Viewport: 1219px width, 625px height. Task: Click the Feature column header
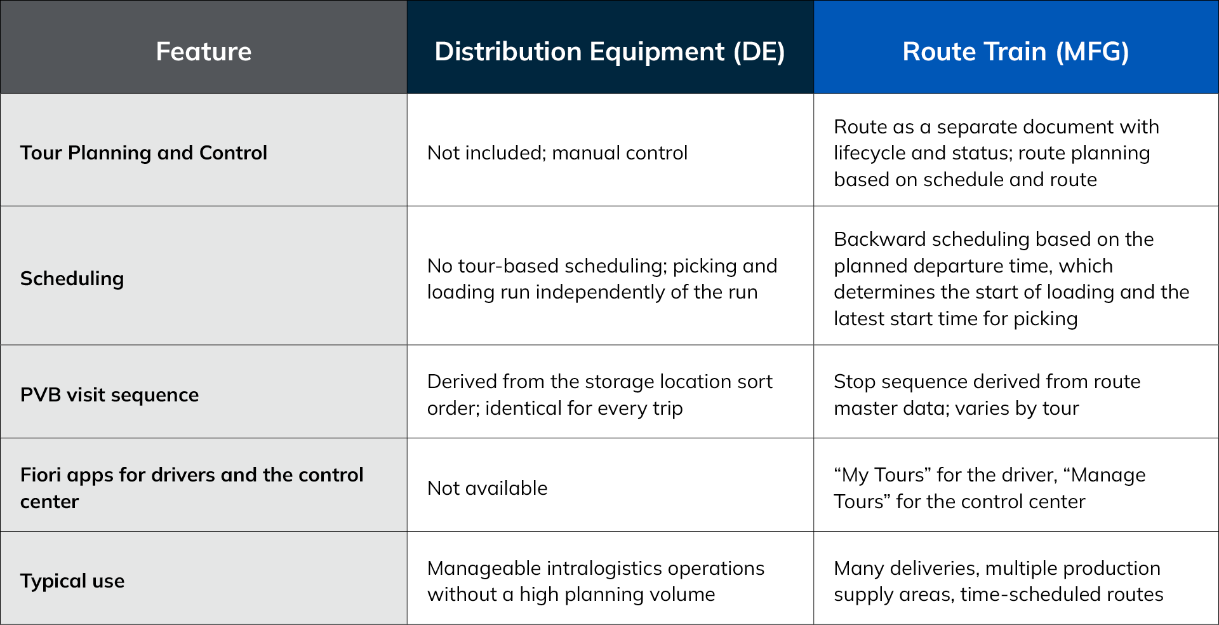pyautogui.click(x=204, y=51)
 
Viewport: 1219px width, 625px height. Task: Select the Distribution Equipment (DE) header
pyautogui.click(x=609, y=51)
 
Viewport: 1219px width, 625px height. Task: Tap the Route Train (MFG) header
pyautogui.click(x=1016, y=51)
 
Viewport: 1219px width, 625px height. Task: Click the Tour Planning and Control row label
pyautogui.click(x=143, y=153)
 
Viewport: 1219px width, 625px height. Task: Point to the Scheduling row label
pyautogui.click(x=72, y=279)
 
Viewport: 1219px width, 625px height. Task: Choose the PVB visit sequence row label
pyautogui.click(x=109, y=395)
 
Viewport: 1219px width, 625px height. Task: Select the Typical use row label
pyautogui.click(x=72, y=581)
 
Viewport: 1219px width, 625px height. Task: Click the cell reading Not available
pyautogui.click(x=487, y=488)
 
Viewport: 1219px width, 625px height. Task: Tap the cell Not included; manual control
pyautogui.click(x=557, y=153)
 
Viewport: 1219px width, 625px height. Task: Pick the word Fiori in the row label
pyautogui.click(x=41, y=475)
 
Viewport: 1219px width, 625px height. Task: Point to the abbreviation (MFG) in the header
pyautogui.click(x=1092, y=51)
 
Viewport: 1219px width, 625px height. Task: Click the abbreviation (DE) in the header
pyautogui.click(x=759, y=51)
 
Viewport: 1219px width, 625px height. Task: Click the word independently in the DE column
pyautogui.click(x=600, y=293)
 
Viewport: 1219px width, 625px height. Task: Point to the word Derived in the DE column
pyautogui.click(x=462, y=382)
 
